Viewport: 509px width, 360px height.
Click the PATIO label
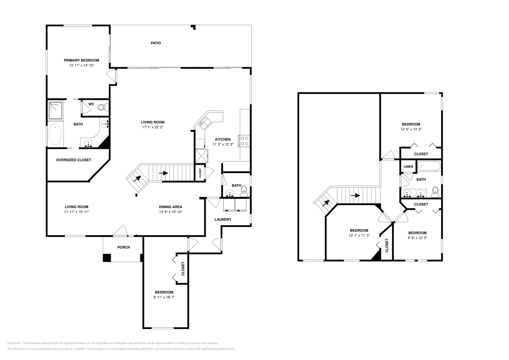pyautogui.click(x=156, y=43)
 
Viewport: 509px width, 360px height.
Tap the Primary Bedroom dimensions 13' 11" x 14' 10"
pyautogui.click(x=81, y=65)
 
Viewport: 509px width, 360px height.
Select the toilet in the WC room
pyautogui.click(x=101, y=107)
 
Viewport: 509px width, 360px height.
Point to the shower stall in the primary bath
pyautogui.click(x=56, y=110)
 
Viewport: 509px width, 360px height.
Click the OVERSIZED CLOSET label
pyautogui.click(x=73, y=160)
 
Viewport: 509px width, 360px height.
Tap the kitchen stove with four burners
pyautogui.click(x=244, y=141)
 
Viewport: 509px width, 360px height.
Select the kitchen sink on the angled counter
pyautogui.click(x=203, y=122)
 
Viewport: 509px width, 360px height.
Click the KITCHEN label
pyautogui.click(x=223, y=139)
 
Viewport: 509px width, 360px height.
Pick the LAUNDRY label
pyautogui.click(x=223, y=219)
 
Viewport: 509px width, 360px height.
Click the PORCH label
pyautogui.click(x=123, y=247)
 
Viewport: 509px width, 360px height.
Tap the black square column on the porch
pyautogui.click(x=107, y=258)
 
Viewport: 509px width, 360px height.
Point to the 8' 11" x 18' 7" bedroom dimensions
pyautogui.click(x=164, y=297)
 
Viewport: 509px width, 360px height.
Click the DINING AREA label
pyautogui.click(x=171, y=207)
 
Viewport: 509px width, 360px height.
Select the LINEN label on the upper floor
pyautogui.click(x=408, y=167)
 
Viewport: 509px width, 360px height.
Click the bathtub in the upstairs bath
pyautogui.click(x=429, y=166)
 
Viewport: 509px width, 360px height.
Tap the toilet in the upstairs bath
pyautogui.click(x=436, y=191)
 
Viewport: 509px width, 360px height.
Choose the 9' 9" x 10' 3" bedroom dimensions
pyautogui.click(x=417, y=238)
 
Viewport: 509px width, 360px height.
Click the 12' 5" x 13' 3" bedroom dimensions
pyautogui.click(x=411, y=129)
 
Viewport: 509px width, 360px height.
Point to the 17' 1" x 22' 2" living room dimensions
pyautogui.click(x=153, y=127)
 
